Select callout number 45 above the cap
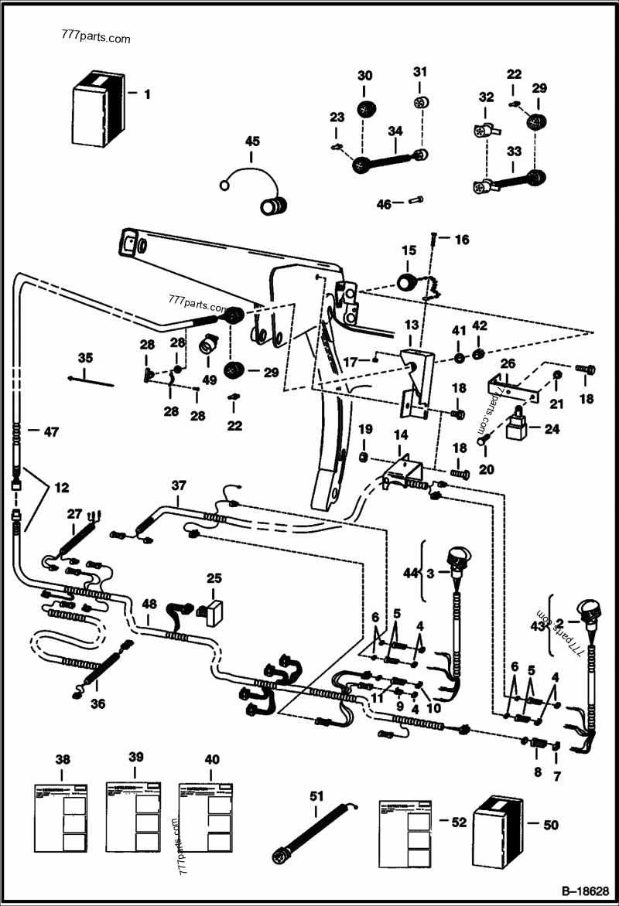click(252, 141)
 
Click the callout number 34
click(395, 131)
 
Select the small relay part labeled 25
click(212, 608)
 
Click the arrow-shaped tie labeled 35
click(91, 380)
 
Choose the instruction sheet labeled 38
click(61, 822)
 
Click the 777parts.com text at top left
click(94, 38)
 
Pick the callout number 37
click(179, 485)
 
